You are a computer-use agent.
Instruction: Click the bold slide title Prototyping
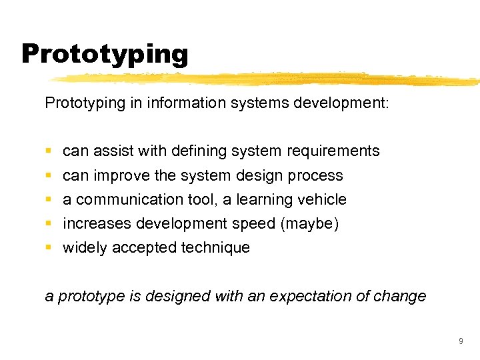click(105, 54)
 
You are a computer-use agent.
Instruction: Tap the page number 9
click(461, 341)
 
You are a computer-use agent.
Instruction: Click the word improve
click(125, 176)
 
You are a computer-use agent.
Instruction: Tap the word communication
click(129, 199)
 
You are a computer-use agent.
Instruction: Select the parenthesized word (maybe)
click(310, 223)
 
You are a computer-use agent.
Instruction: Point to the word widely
click(85, 248)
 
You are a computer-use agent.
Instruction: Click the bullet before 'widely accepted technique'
click(49, 248)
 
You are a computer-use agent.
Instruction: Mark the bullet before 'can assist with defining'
click(49, 151)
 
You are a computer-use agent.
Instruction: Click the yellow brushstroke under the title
click(267, 79)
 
